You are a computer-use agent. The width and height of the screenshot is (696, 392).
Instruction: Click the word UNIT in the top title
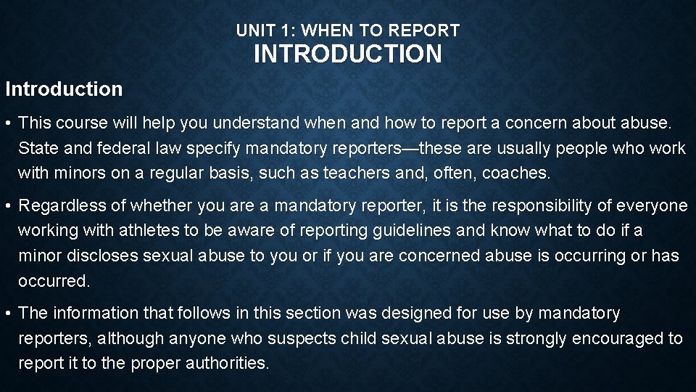click(253, 30)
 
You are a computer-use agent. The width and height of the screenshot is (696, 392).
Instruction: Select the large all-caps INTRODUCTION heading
click(347, 54)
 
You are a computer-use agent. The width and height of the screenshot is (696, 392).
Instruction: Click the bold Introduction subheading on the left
click(64, 89)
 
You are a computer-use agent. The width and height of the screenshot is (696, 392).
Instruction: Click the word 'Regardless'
click(59, 205)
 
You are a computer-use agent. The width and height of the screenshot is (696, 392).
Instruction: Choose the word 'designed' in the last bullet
click(421, 313)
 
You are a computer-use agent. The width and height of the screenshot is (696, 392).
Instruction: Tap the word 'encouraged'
click(618, 338)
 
